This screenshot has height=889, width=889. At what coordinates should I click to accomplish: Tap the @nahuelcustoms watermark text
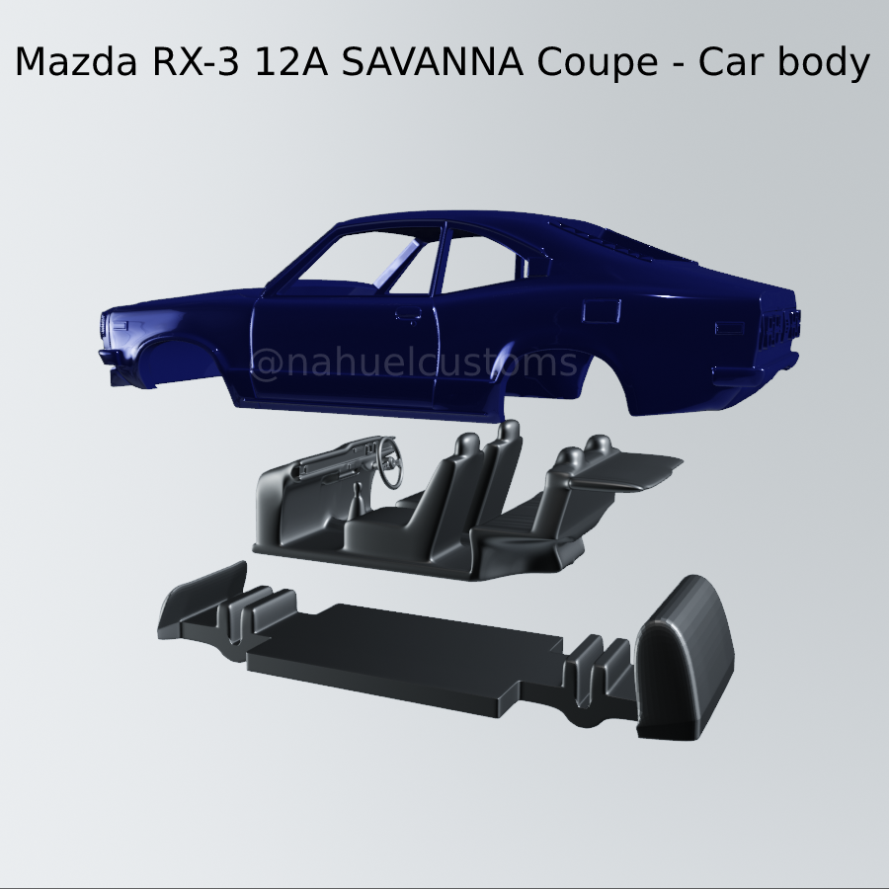(x=414, y=364)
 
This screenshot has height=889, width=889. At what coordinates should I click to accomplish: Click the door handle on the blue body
(x=403, y=318)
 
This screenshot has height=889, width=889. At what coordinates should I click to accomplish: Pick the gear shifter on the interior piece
(x=353, y=494)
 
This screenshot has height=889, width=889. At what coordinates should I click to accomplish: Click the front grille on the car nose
(x=107, y=326)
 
